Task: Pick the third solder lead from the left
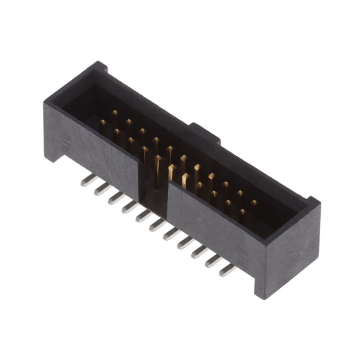click(x=115, y=197)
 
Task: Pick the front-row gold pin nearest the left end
click(x=103, y=123)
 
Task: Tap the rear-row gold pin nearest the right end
click(x=254, y=203)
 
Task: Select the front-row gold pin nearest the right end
click(x=242, y=213)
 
